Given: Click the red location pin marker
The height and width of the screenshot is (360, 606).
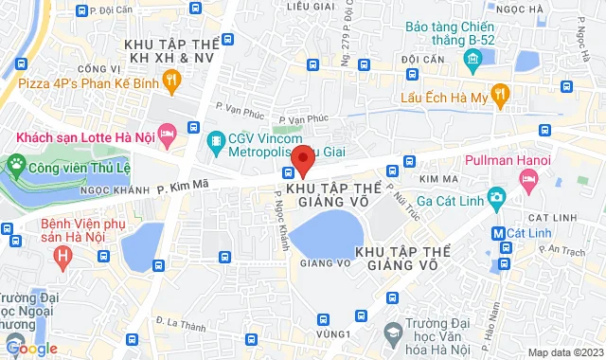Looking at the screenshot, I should click(302, 159).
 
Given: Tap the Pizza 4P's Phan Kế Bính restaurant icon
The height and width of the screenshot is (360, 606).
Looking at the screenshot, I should click(170, 82).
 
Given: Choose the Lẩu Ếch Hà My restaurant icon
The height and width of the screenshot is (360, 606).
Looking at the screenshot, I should click(501, 95).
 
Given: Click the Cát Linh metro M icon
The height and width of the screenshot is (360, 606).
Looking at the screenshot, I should click(497, 232).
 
